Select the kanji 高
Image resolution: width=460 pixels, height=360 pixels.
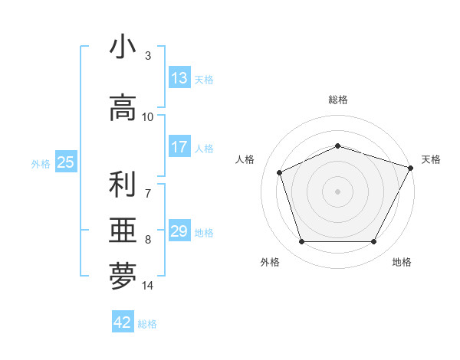point(123,107)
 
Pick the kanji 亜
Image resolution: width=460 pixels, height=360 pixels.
point(123,231)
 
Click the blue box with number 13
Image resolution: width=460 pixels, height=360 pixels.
point(179,78)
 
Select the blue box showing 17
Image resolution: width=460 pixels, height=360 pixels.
point(179,147)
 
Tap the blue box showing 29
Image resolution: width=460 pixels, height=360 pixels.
point(179,231)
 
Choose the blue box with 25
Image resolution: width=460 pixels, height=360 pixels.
point(65,162)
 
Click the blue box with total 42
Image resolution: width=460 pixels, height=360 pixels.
point(123,322)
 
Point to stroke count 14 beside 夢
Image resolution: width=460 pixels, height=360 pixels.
point(148,286)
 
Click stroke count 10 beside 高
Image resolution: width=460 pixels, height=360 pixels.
point(148,116)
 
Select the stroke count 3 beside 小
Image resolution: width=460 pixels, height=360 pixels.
point(148,55)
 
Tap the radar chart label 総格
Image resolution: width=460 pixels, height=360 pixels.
point(337,100)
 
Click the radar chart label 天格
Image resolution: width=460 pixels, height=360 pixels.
point(431,159)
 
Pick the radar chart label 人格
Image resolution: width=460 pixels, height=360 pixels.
point(245,159)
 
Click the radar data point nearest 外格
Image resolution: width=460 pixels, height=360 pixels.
point(301,242)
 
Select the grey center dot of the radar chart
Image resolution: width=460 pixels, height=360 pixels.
point(337,191)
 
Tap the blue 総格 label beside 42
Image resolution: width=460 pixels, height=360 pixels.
point(147,324)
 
